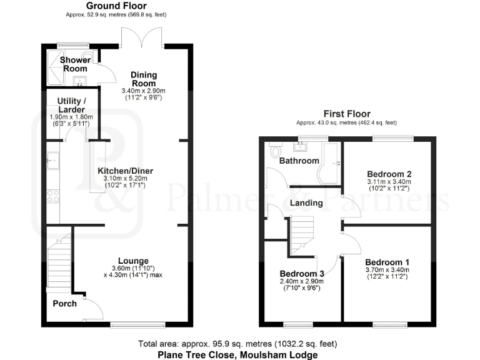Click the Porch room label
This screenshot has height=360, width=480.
64,304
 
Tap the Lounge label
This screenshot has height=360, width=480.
133,261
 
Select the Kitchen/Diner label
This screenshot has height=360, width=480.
125,171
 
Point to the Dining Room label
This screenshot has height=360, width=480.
143,79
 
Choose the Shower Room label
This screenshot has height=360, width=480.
75,64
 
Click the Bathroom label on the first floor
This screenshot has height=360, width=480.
299,161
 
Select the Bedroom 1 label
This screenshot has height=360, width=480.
387,262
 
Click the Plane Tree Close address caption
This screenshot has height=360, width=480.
237,354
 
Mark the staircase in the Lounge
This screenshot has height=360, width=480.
57,262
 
